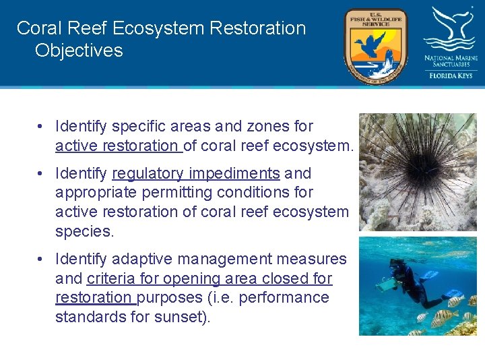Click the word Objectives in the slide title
click(79, 51)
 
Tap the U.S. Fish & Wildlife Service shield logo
click(375, 45)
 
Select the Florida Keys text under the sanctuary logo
click(451, 75)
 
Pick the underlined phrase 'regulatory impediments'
click(195, 173)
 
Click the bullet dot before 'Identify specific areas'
click(42, 127)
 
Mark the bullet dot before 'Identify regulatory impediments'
click(42, 174)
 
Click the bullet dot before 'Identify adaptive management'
click(42, 260)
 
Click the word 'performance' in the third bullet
click(290, 297)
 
